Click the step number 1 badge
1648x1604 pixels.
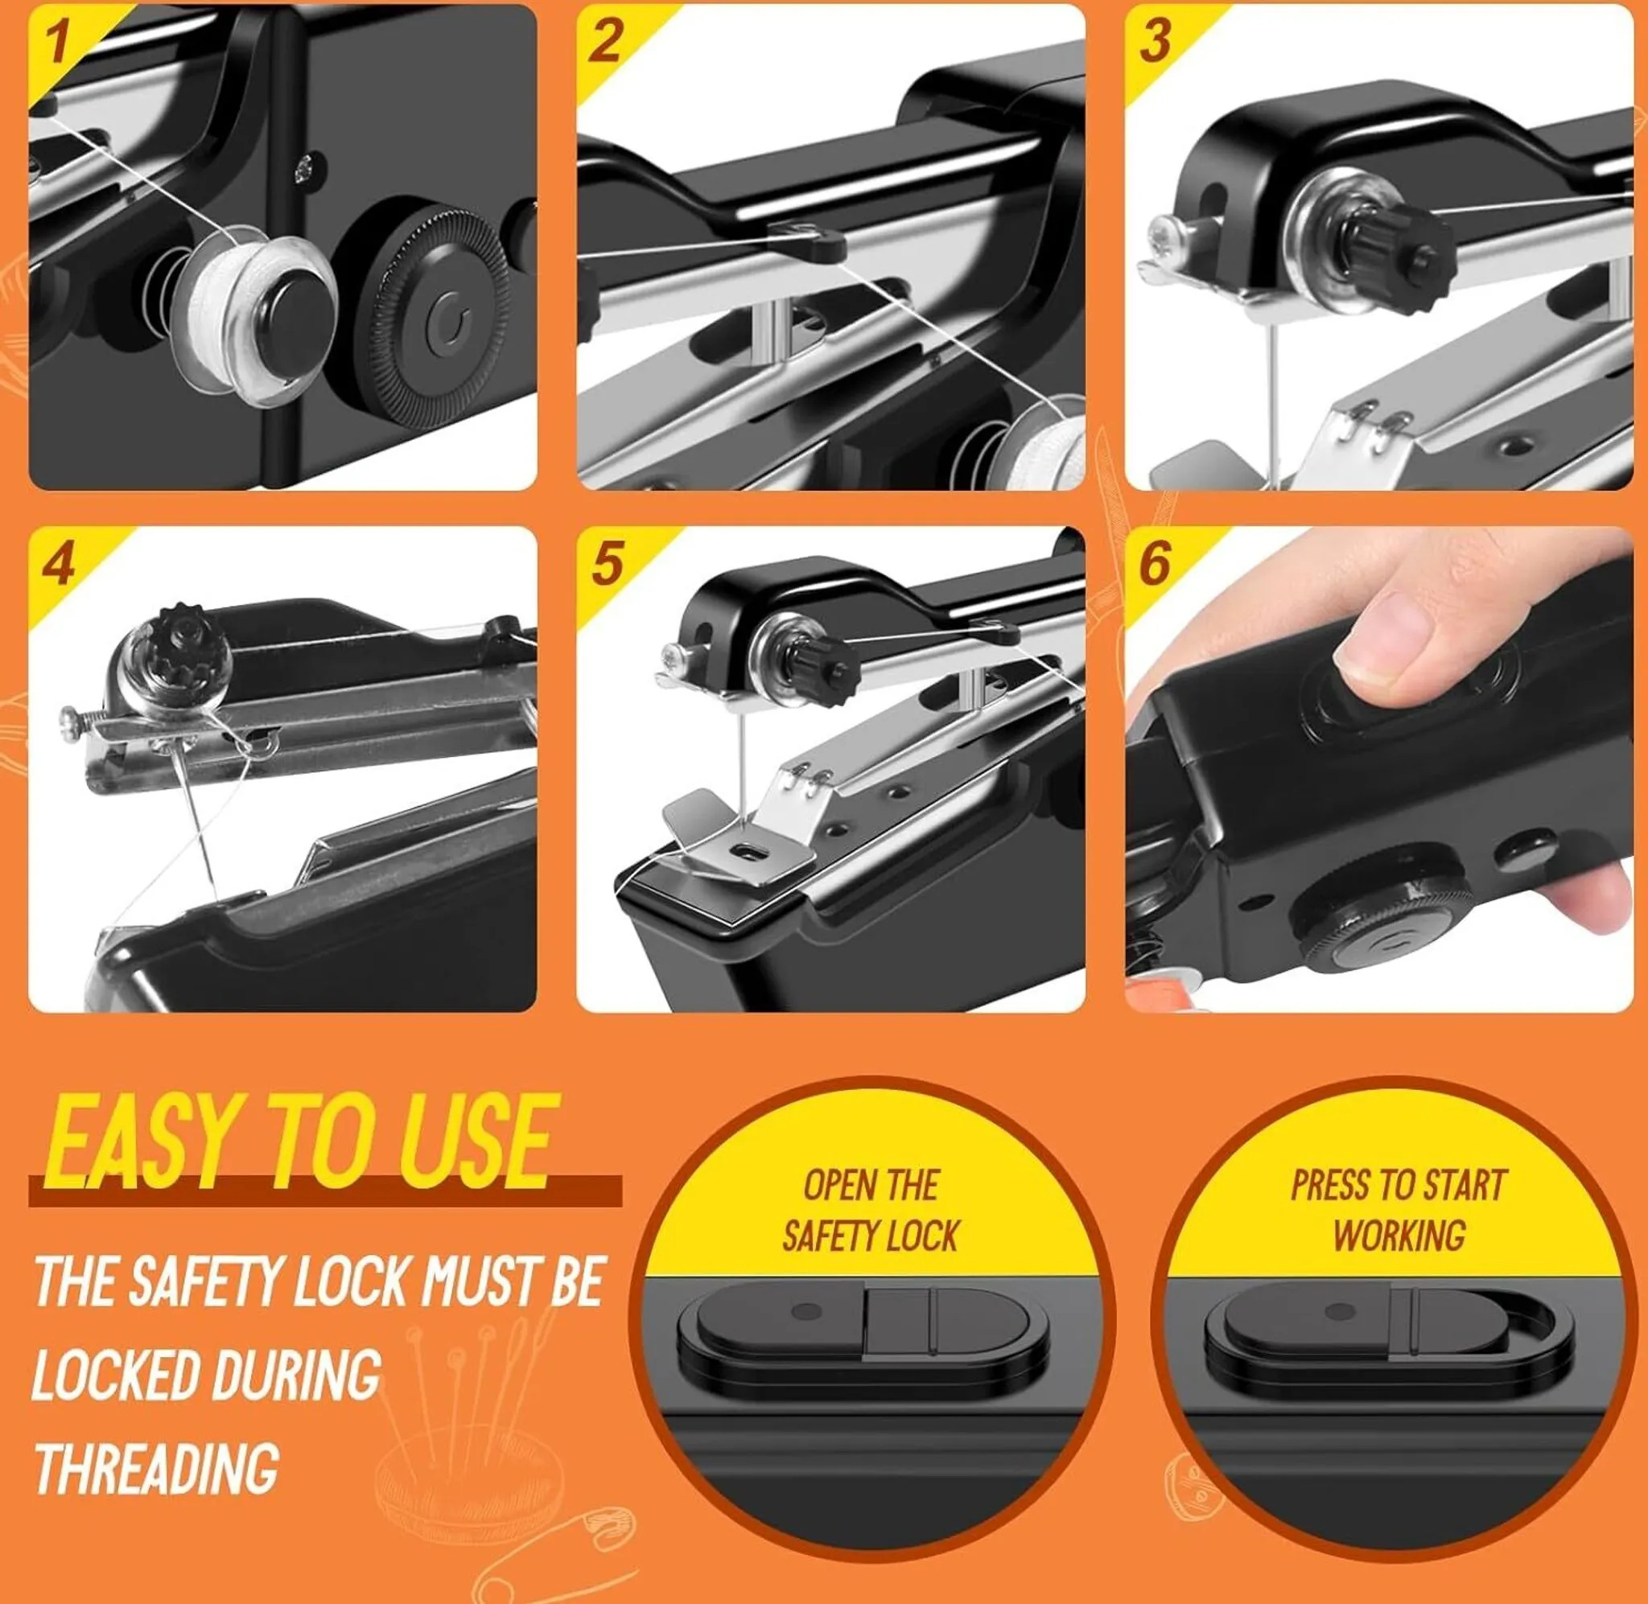[x=57, y=42]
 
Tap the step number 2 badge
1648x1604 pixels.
[x=605, y=39]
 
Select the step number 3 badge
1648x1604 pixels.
[x=1154, y=39]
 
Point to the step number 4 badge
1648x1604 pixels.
[x=58, y=564]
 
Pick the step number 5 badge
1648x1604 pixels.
[x=607, y=564]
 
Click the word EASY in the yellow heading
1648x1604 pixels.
[x=140, y=1141]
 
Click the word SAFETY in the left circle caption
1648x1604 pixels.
[x=824, y=1236]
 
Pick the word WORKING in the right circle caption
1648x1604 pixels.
[x=1399, y=1236]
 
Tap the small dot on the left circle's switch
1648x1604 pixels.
[x=807, y=1312]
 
